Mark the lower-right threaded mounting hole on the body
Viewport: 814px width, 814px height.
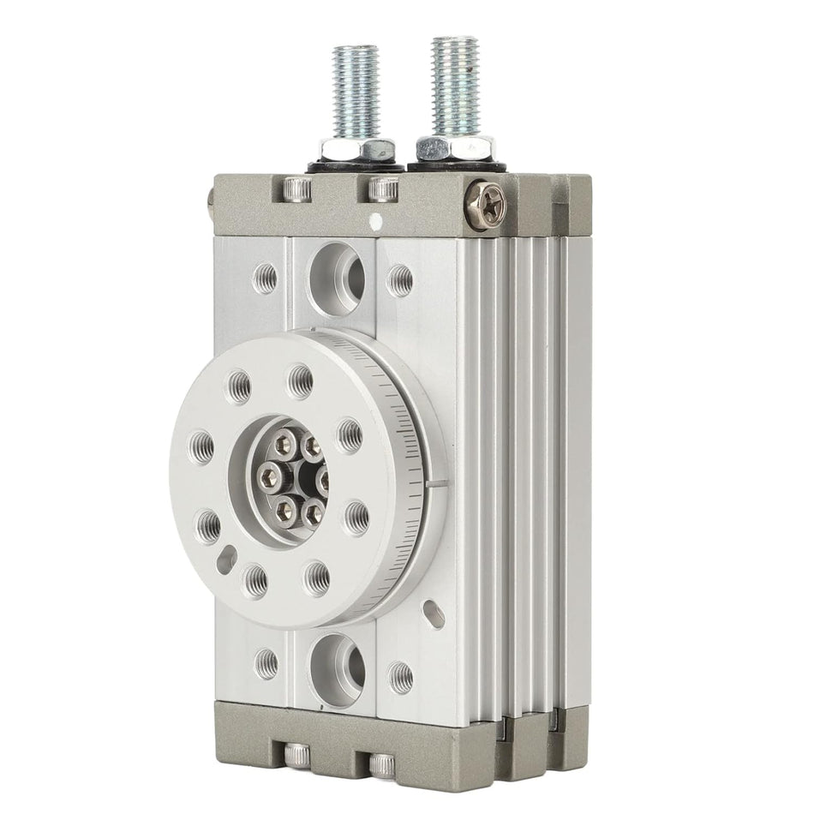(x=399, y=675)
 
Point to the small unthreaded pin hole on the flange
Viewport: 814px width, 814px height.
(x=227, y=560)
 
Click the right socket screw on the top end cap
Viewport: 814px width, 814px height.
(x=381, y=189)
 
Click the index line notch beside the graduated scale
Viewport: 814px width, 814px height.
(x=438, y=489)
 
